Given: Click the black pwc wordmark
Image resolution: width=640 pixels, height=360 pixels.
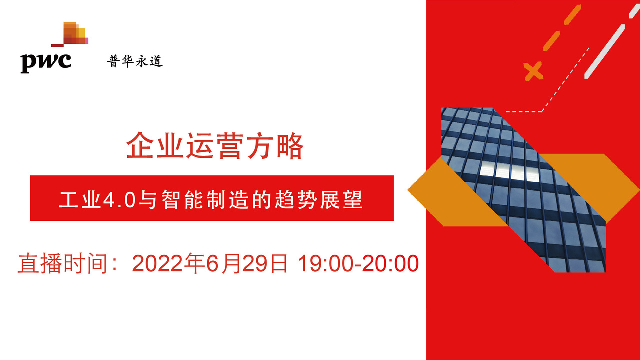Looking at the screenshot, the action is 45,63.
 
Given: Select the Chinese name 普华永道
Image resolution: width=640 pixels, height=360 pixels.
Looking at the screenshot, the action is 135,61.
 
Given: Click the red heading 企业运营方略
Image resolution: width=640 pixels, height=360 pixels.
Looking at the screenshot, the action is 215,145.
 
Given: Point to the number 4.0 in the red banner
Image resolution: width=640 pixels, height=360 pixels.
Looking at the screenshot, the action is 119,200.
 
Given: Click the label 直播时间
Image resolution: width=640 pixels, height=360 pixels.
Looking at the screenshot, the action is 63,263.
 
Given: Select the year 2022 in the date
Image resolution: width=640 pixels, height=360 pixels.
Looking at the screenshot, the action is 158,263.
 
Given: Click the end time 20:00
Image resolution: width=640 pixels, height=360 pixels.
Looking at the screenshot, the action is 391,263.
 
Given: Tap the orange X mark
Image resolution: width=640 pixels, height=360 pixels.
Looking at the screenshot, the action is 533,71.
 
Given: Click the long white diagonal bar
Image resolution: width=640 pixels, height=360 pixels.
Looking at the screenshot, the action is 605,51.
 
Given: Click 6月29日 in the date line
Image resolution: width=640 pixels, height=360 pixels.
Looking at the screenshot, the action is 247,263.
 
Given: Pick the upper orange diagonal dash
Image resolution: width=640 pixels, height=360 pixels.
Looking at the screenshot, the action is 573,15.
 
